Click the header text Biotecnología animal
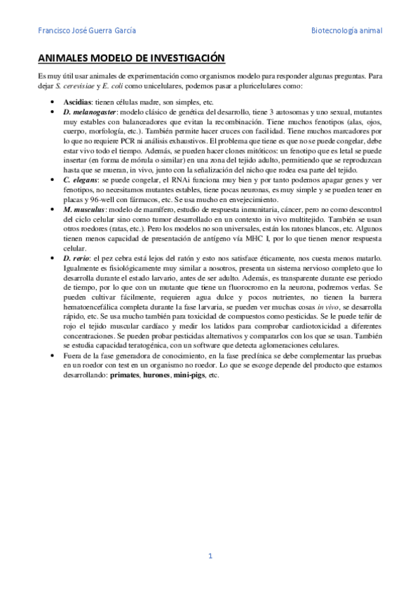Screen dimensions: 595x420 pyautogui.click(x=347, y=30)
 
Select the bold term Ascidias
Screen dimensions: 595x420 pyautogui.click(x=76, y=102)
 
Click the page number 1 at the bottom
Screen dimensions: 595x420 pyautogui.click(x=210, y=556)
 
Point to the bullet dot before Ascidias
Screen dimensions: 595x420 pyautogui.click(x=55, y=102)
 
